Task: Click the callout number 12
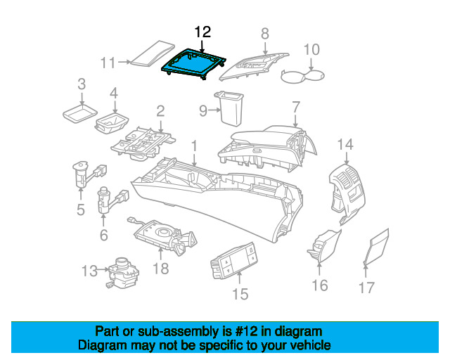pyautogui.click(x=202, y=32)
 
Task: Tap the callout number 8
pyautogui.click(x=265, y=33)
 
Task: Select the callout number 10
pyautogui.click(x=311, y=49)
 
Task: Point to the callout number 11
pyautogui.click(x=108, y=63)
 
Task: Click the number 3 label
pyautogui.click(x=82, y=85)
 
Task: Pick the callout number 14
pyautogui.click(x=345, y=145)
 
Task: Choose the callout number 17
pyautogui.click(x=366, y=287)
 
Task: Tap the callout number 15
pyautogui.click(x=240, y=293)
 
